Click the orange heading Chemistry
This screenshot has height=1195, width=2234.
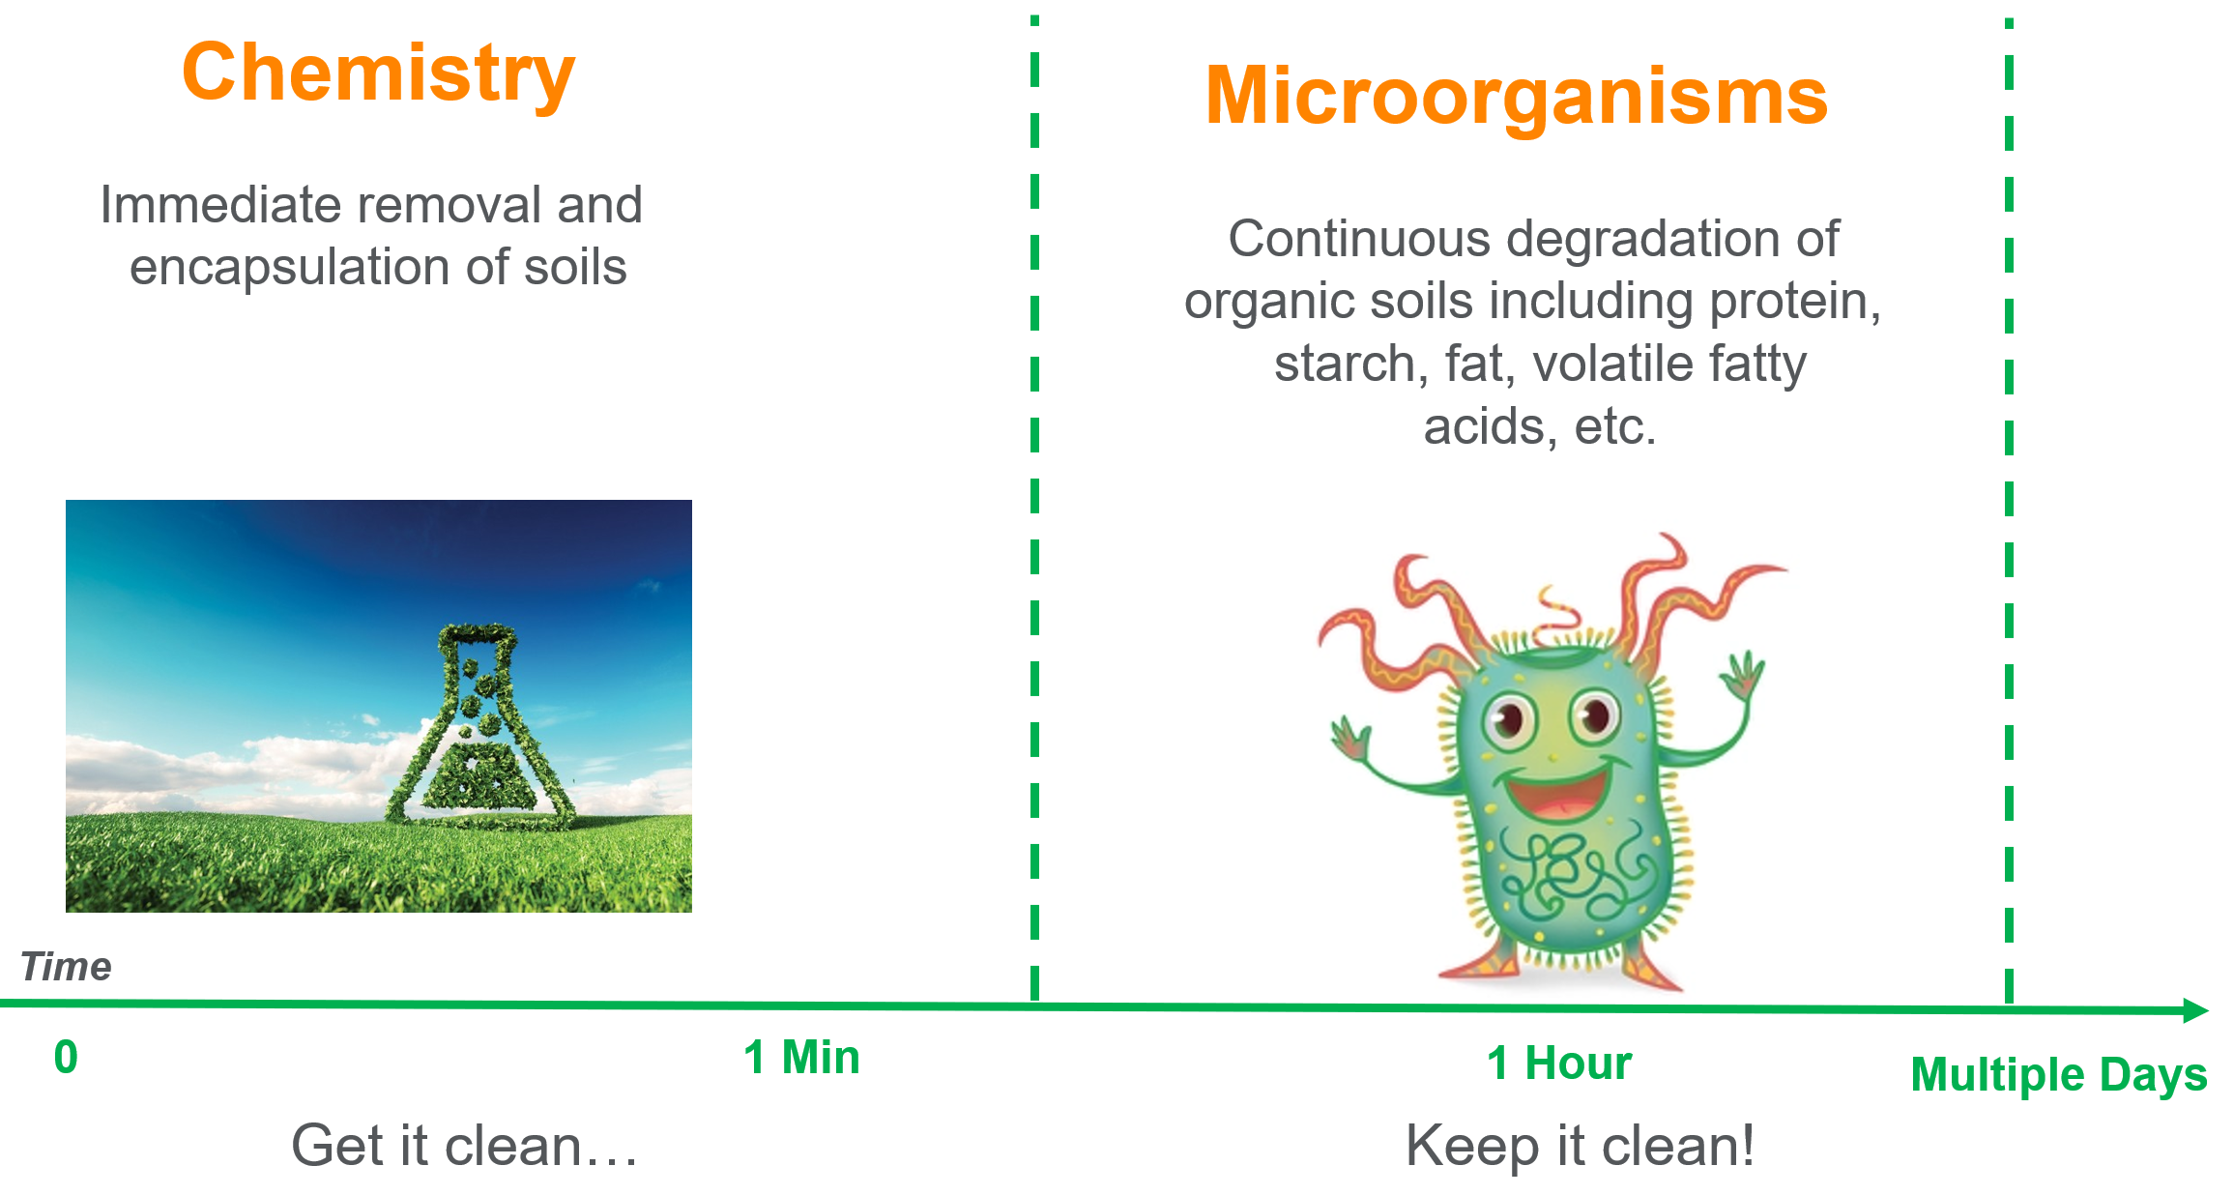[378, 75]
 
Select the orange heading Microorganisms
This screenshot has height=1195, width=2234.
[1517, 97]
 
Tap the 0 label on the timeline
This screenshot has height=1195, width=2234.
[66, 1057]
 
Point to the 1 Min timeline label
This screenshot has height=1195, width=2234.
[801, 1057]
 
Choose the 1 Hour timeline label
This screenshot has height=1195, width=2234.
[1559, 1064]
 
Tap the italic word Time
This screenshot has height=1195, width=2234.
[66, 967]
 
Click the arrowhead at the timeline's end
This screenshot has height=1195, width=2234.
[2196, 1010]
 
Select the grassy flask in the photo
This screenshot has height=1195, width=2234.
[479, 726]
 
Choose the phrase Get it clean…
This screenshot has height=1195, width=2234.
[465, 1146]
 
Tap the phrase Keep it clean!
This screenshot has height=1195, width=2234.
[1580, 1146]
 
